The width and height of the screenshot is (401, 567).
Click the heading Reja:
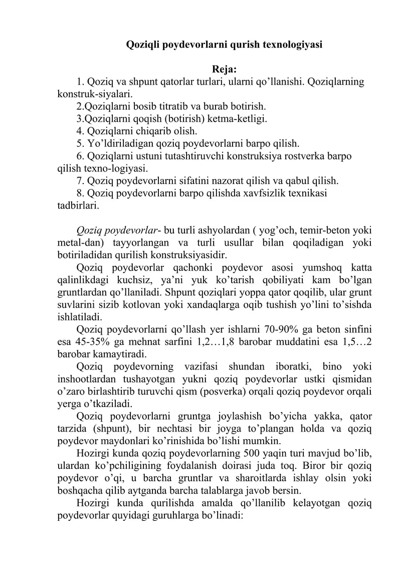[x=225, y=69]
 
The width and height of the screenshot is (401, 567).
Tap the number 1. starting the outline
[x=81, y=82]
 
